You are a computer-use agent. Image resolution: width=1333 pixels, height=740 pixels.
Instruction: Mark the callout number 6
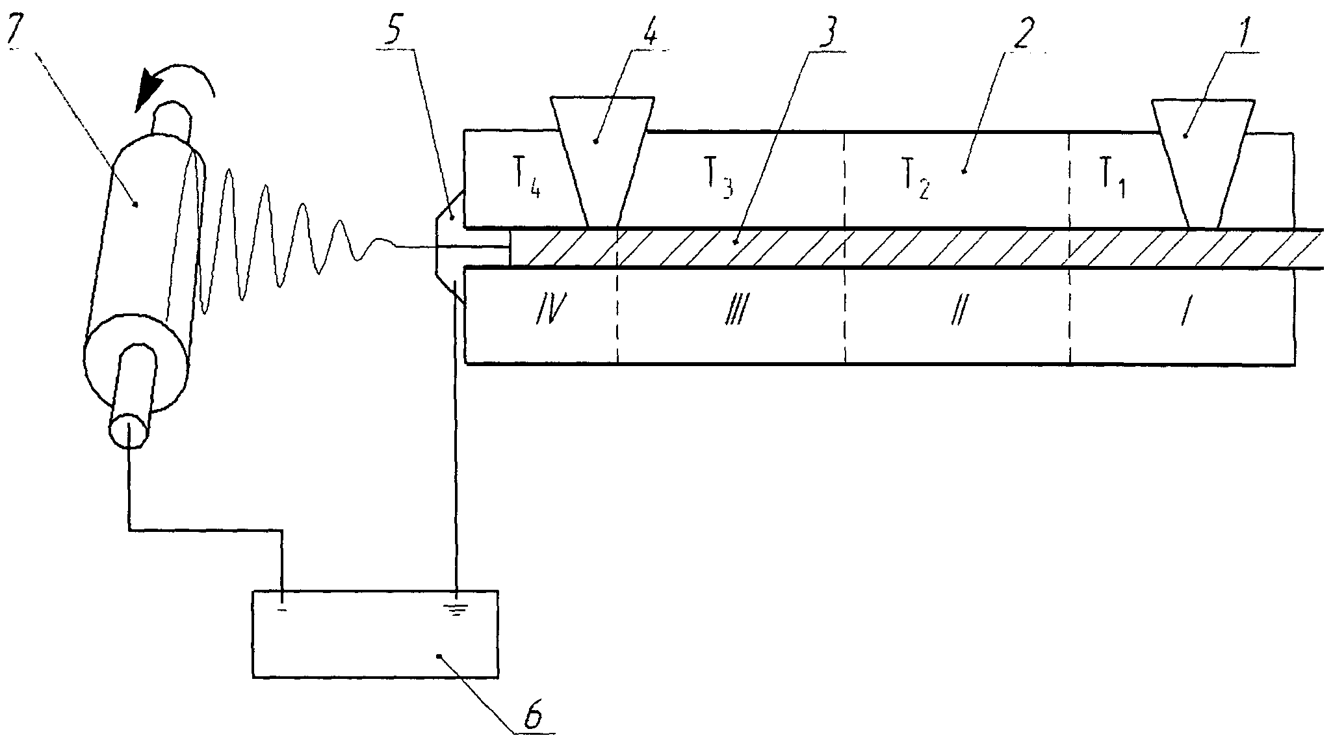point(532,717)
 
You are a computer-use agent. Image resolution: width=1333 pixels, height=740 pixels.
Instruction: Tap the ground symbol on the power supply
point(456,610)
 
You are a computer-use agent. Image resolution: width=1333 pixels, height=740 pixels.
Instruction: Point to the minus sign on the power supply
point(282,610)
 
